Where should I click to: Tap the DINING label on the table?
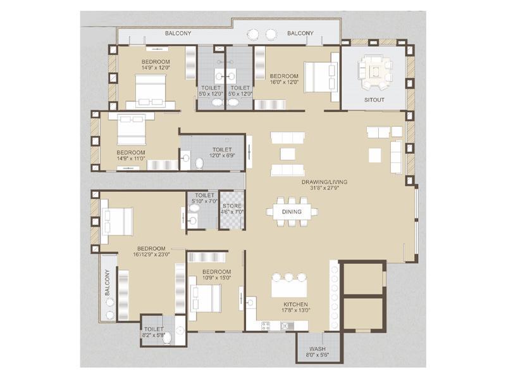292,212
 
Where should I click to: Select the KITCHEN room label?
295,304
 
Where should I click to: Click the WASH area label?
318,349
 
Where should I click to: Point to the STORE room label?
231,204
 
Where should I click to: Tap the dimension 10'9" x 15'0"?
216,277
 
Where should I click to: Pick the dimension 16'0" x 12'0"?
283,80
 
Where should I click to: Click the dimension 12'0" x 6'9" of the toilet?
221,155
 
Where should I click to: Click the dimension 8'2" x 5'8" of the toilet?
154,336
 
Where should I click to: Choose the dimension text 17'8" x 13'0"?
295,311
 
